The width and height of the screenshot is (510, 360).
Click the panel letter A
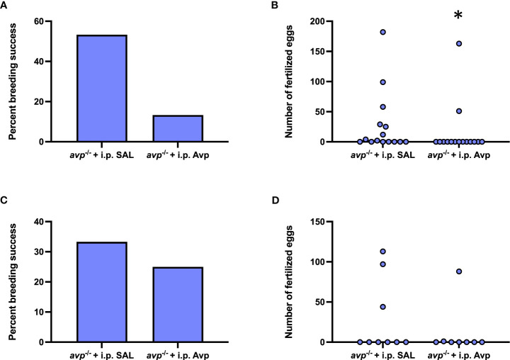tap(5, 6)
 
